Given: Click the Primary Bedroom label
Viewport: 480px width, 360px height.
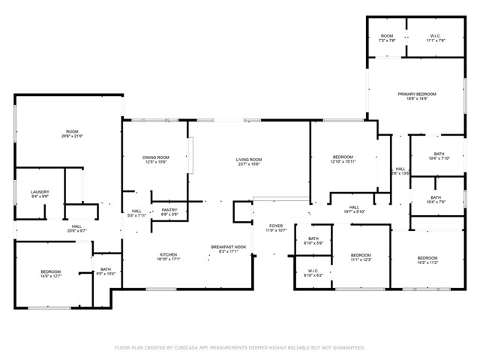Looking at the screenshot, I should (x=416, y=94).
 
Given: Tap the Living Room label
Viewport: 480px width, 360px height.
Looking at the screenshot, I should (x=249, y=159).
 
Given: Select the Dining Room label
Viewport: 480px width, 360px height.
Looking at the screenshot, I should (x=156, y=157).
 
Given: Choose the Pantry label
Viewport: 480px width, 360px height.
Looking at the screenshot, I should (x=169, y=211).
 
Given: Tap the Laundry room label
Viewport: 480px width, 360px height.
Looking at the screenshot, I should (x=40, y=192).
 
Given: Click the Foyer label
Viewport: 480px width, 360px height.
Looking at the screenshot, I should (x=277, y=226).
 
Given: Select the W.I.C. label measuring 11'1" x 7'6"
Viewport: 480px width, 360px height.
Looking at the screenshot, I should (x=436, y=36).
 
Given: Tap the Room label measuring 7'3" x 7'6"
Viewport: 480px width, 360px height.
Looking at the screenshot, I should (x=387, y=36).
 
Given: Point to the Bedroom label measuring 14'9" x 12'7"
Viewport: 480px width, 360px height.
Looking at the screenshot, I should (x=51, y=271).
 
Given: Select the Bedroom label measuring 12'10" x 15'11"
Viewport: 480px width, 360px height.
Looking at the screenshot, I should (x=342, y=157).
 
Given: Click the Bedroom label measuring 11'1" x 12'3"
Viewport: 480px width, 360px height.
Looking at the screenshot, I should (x=361, y=256).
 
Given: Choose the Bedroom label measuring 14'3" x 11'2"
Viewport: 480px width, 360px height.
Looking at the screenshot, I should (x=427, y=258).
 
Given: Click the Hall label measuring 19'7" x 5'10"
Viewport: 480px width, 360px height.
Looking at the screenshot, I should (x=354, y=208).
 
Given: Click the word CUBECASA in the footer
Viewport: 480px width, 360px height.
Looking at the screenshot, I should (x=191, y=348).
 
